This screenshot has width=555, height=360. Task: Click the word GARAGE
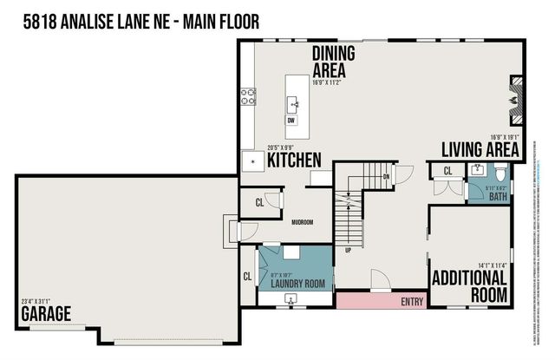[x=47, y=313]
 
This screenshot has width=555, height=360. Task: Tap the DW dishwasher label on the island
[x=291, y=121]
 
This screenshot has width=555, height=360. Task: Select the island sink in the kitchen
[x=293, y=104]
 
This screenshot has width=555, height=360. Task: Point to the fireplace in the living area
[x=514, y=94]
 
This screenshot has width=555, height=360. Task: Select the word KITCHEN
[x=295, y=160]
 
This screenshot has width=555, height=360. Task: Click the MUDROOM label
[x=303, y=222]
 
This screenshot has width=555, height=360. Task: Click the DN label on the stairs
[x=387, y=177]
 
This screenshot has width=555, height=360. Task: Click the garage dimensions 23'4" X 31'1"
[x=37, y=302]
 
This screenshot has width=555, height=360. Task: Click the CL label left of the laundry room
[x=248, y=278]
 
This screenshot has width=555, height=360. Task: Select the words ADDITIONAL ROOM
[x=470, y=286]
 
